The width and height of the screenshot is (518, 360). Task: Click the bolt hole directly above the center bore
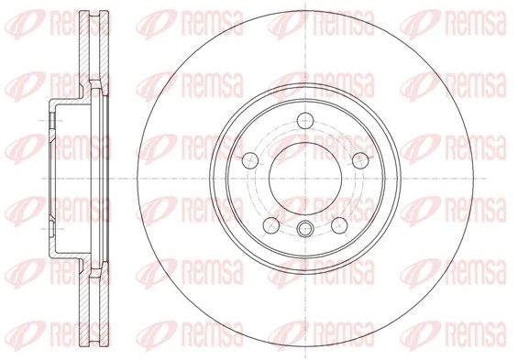(x=305, y=119)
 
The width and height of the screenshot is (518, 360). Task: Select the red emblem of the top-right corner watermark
(x=415, y=21)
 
